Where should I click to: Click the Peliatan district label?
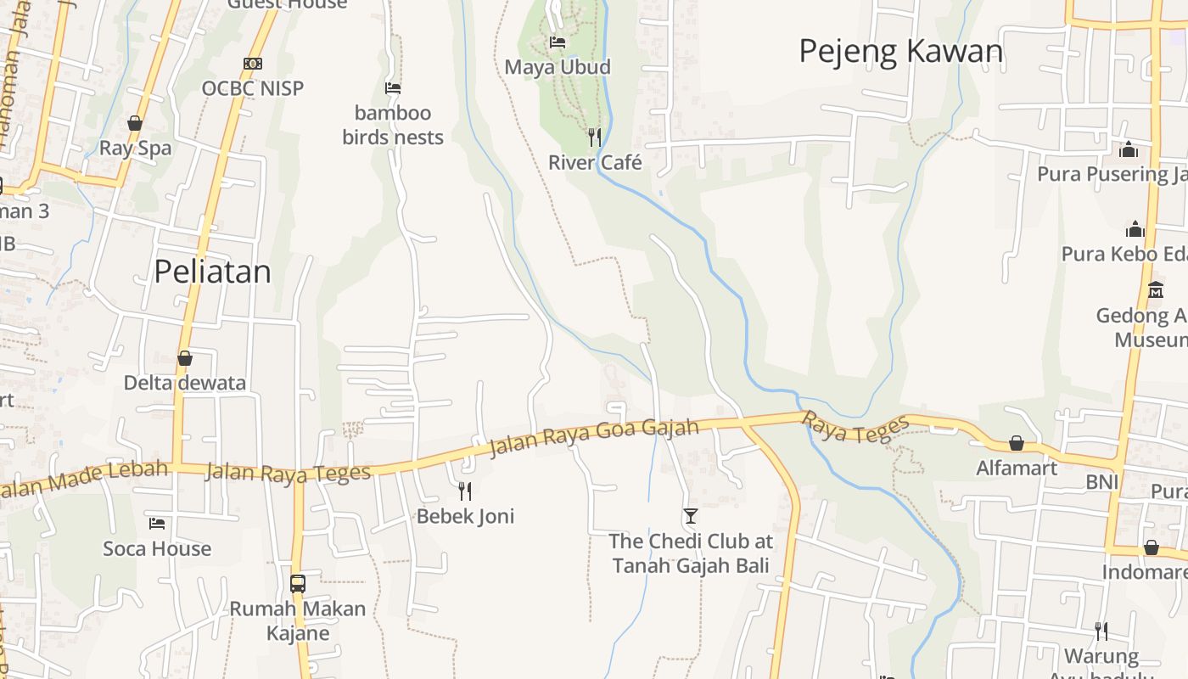point(212,272)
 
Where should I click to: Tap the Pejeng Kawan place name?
point(900,52)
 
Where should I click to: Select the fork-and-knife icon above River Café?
point(595,137)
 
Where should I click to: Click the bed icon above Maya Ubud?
point(557,42)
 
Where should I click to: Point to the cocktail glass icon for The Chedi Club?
point(690,515)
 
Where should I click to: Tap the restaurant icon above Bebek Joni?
point(465,491)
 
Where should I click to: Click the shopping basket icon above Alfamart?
point(1016,443)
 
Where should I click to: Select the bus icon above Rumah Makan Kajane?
point(298,583)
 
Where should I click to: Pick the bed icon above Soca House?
point(157,523)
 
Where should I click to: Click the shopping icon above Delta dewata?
point(184,358)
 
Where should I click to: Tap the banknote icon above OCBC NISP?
point(252,64)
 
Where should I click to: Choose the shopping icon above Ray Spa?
point(134,123)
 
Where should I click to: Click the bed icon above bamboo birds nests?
point(392,87)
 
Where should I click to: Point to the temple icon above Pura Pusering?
point(1129,149)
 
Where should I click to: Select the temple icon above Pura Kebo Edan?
point(1135,229)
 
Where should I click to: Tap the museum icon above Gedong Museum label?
point(1155,290)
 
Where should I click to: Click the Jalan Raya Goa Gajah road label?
point(594,437)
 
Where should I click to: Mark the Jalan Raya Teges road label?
point(289,473)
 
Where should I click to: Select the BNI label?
point(1101,483)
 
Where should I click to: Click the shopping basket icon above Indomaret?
point(1151,547)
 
